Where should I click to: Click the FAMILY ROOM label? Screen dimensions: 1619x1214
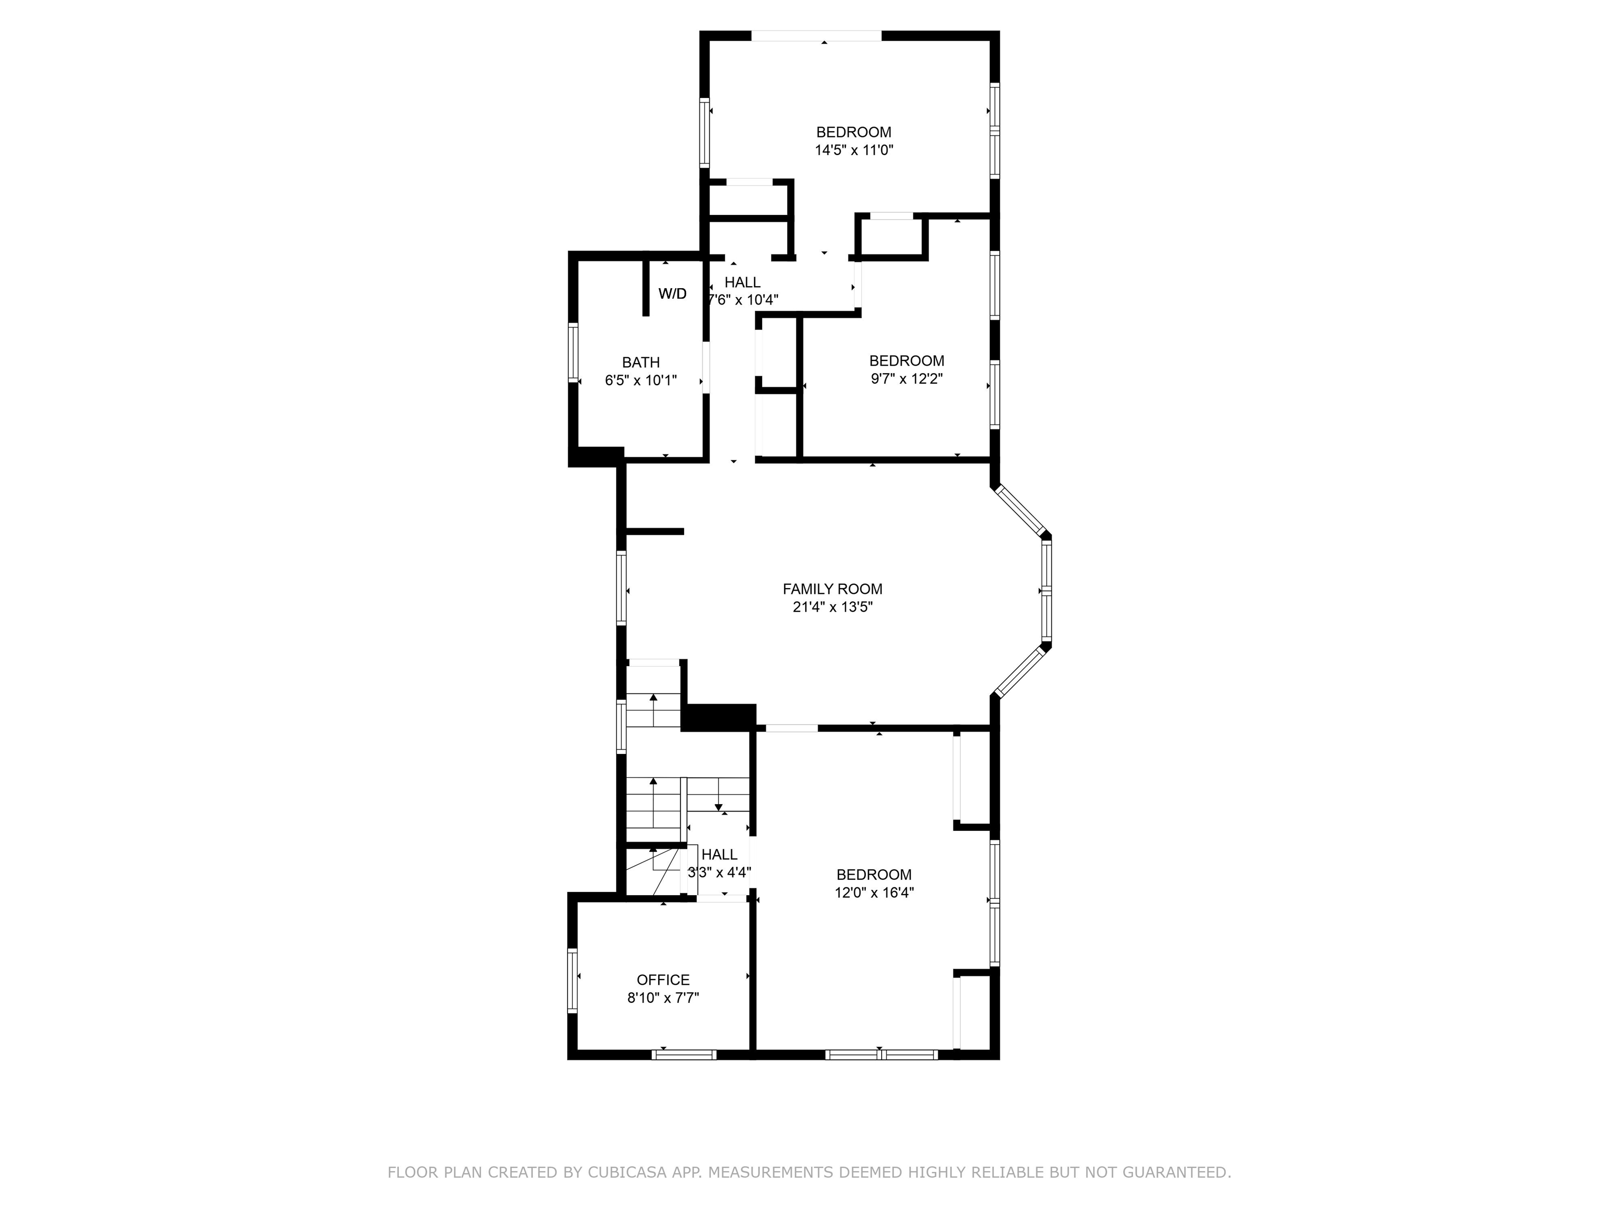[832, 589]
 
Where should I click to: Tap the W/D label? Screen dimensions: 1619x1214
[672, 294]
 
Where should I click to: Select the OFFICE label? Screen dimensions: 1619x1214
[663, 980]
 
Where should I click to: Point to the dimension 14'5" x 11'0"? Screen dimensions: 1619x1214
[854, 151]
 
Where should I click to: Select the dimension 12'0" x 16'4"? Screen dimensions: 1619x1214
[874, 893]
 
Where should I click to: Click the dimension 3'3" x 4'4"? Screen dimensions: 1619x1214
[719, 872]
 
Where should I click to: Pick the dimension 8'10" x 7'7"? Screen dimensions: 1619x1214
[663, 998]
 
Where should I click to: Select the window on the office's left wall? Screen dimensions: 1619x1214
[573, 981]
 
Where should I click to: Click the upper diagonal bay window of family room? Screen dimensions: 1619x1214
[1020, 510]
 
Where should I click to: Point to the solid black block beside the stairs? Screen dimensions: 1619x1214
[719, 717]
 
